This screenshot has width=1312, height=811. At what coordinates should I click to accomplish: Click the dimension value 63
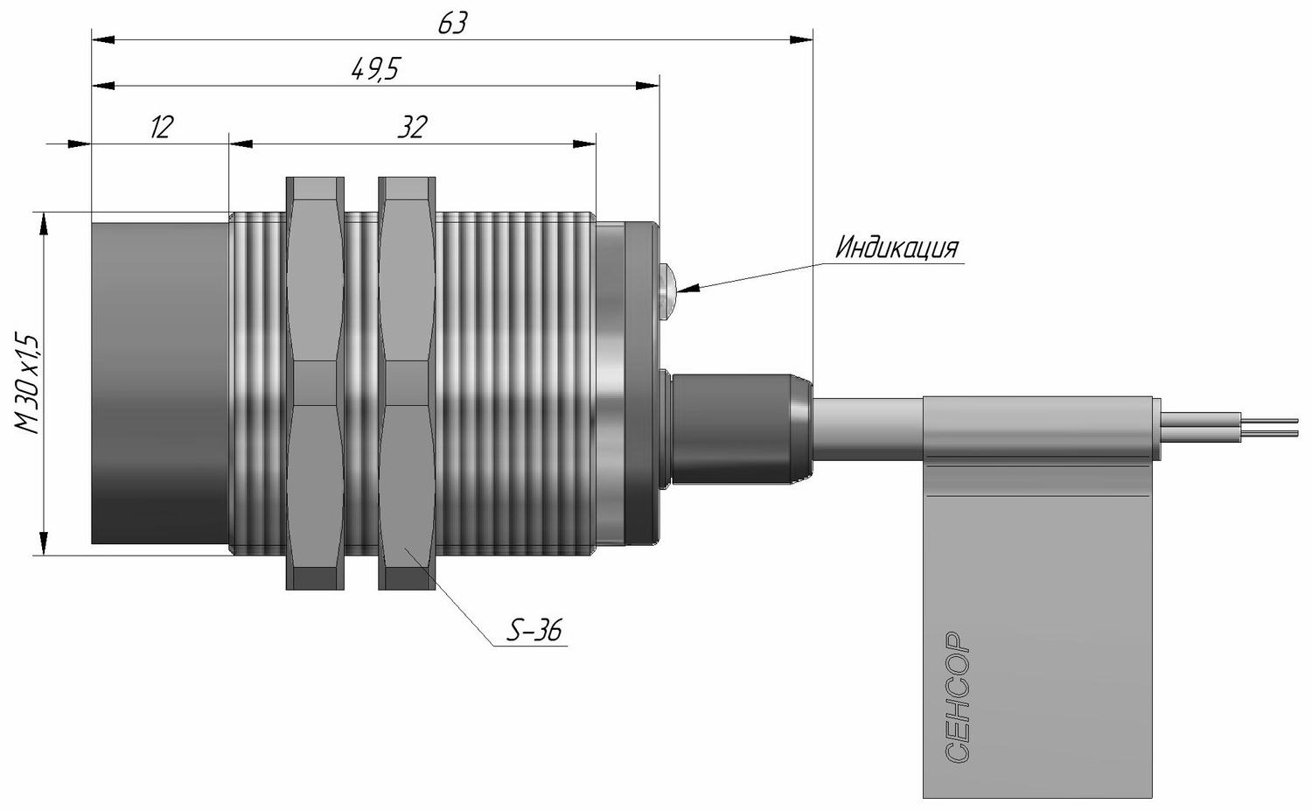pos(453,24)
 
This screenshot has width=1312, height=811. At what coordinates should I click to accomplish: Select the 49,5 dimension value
pos(376,70)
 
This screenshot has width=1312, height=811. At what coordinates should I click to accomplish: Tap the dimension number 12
pos(162,127)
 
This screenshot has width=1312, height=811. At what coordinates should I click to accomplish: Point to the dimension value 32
pos(412,127)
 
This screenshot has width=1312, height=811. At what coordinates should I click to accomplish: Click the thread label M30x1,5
pos(27,384)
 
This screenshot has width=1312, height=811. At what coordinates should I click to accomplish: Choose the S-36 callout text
pos(534,631)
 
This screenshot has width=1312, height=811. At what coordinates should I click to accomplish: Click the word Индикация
pos(897,248)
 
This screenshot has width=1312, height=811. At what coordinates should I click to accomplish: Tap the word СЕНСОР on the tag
pos(959,696)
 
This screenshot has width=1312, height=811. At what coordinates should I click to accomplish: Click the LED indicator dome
pos(667,288)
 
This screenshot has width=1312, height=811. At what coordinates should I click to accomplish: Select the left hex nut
pos(315,383)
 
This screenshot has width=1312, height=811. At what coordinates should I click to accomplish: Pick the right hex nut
pos(407,383)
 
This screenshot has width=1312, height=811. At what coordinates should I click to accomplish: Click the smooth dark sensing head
pos(160,383)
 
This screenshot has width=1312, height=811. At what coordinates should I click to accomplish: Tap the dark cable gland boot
pos(738,430)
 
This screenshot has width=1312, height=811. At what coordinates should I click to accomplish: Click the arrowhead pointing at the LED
pos(687,289)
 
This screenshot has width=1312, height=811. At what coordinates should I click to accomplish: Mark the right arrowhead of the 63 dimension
pos(801,40)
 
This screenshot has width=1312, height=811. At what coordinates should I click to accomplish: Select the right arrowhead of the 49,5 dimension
pos(647,86)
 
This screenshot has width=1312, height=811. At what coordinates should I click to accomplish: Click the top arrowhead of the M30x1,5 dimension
pos(44,223)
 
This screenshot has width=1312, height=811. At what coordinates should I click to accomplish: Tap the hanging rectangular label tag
pos(1038,597)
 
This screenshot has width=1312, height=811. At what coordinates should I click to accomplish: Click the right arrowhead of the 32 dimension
pos(584,144)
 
